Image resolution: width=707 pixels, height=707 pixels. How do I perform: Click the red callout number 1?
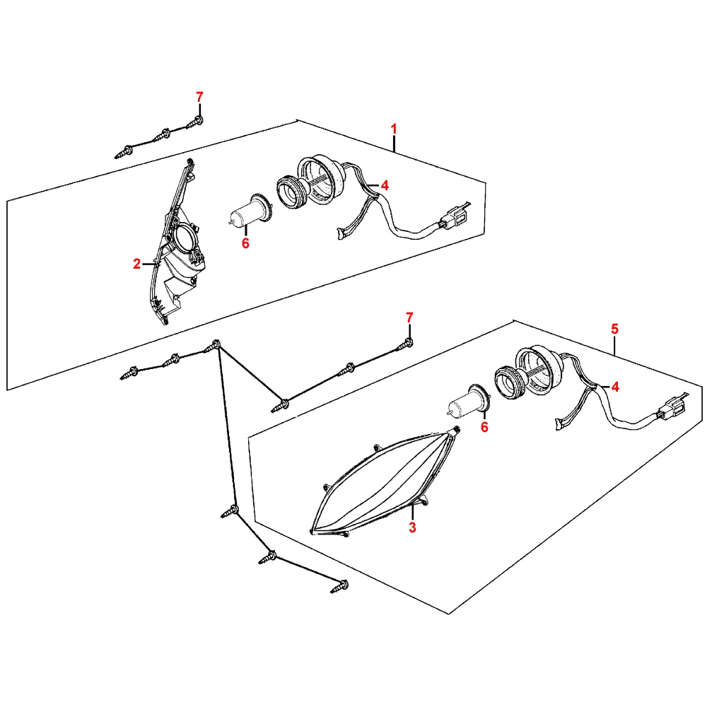tap(394, 129)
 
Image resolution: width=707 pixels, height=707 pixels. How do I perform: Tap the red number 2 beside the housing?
tap(137, 264)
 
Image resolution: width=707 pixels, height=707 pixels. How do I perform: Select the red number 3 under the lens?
tap(413, 527)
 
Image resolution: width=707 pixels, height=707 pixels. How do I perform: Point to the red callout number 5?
tap(614, 329)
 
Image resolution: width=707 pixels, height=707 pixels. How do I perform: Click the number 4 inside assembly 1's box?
tap(385, 185)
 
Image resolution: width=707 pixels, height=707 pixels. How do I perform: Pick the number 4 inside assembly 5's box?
tap(615, 387)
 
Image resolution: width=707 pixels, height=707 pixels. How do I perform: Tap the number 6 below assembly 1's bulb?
tap(245, 243)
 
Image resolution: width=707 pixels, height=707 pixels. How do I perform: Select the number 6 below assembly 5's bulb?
tap(484, 427)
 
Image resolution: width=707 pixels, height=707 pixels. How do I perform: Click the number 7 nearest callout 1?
tap(200, 96)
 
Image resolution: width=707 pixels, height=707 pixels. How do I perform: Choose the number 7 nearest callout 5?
tap(409, 317)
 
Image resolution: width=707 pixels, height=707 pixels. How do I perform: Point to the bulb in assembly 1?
tap(251, 212)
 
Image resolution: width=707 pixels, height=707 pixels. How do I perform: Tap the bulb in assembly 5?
tap(469, 401)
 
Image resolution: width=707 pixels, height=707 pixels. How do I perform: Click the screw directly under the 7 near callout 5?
tap(405, 344)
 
